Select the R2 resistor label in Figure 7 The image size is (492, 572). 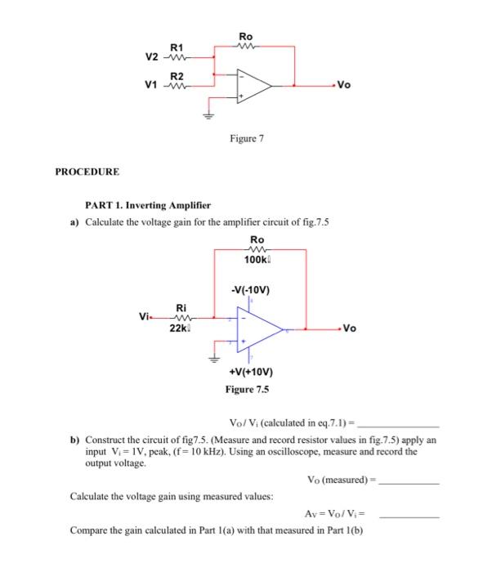tap(176, 76)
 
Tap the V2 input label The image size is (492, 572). tap(151, 57)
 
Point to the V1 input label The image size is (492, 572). tap(151, 84)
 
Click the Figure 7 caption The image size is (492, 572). tap(247, 140)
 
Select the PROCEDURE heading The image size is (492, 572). tap(87, 172)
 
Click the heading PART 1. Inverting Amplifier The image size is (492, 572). tap(136, 206)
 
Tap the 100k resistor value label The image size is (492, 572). tap(257, 261)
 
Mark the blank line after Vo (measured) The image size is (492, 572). tap(409, 482)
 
